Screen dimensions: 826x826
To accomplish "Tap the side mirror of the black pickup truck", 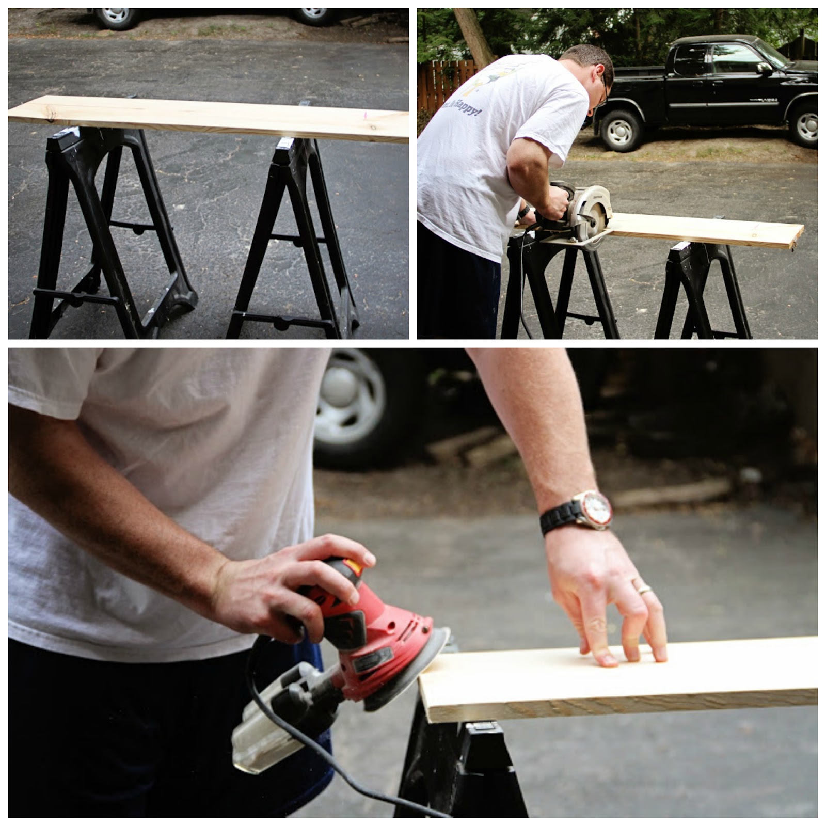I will [x=764, y=69].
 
